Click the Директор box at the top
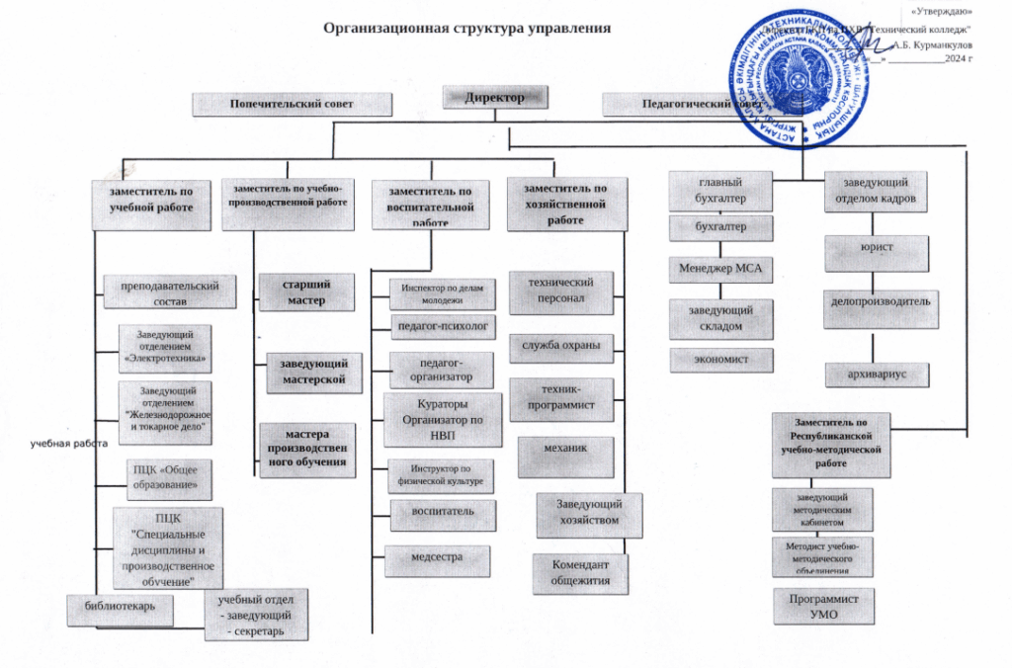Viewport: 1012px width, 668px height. pos(495,98)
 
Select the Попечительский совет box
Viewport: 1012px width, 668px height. pos(292,103)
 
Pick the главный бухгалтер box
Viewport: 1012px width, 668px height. pos(720,190)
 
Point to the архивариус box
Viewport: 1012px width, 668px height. pos(878,375)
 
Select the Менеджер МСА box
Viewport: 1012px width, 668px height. pos(719,268)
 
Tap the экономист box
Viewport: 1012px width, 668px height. pos(720,359)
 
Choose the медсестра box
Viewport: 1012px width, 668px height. pos(436,558)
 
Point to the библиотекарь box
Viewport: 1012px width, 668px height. pos(120,609)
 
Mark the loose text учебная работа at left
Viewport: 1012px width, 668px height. pos(67,444)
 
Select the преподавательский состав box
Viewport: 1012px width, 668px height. pos(170,292)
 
